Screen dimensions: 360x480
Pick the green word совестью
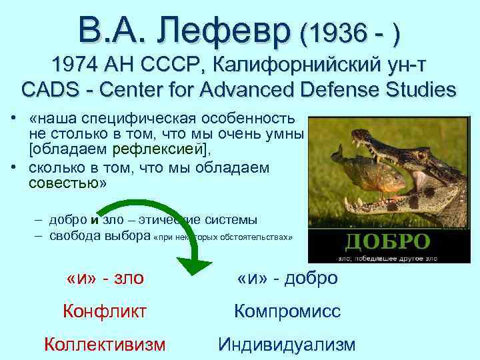point(63,184)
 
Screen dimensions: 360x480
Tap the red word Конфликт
point(105,311)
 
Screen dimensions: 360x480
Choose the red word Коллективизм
point(105,344)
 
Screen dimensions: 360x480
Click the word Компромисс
point(287,311)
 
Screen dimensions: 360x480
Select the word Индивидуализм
point(287,344)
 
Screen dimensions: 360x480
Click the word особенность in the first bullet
point(247,118)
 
